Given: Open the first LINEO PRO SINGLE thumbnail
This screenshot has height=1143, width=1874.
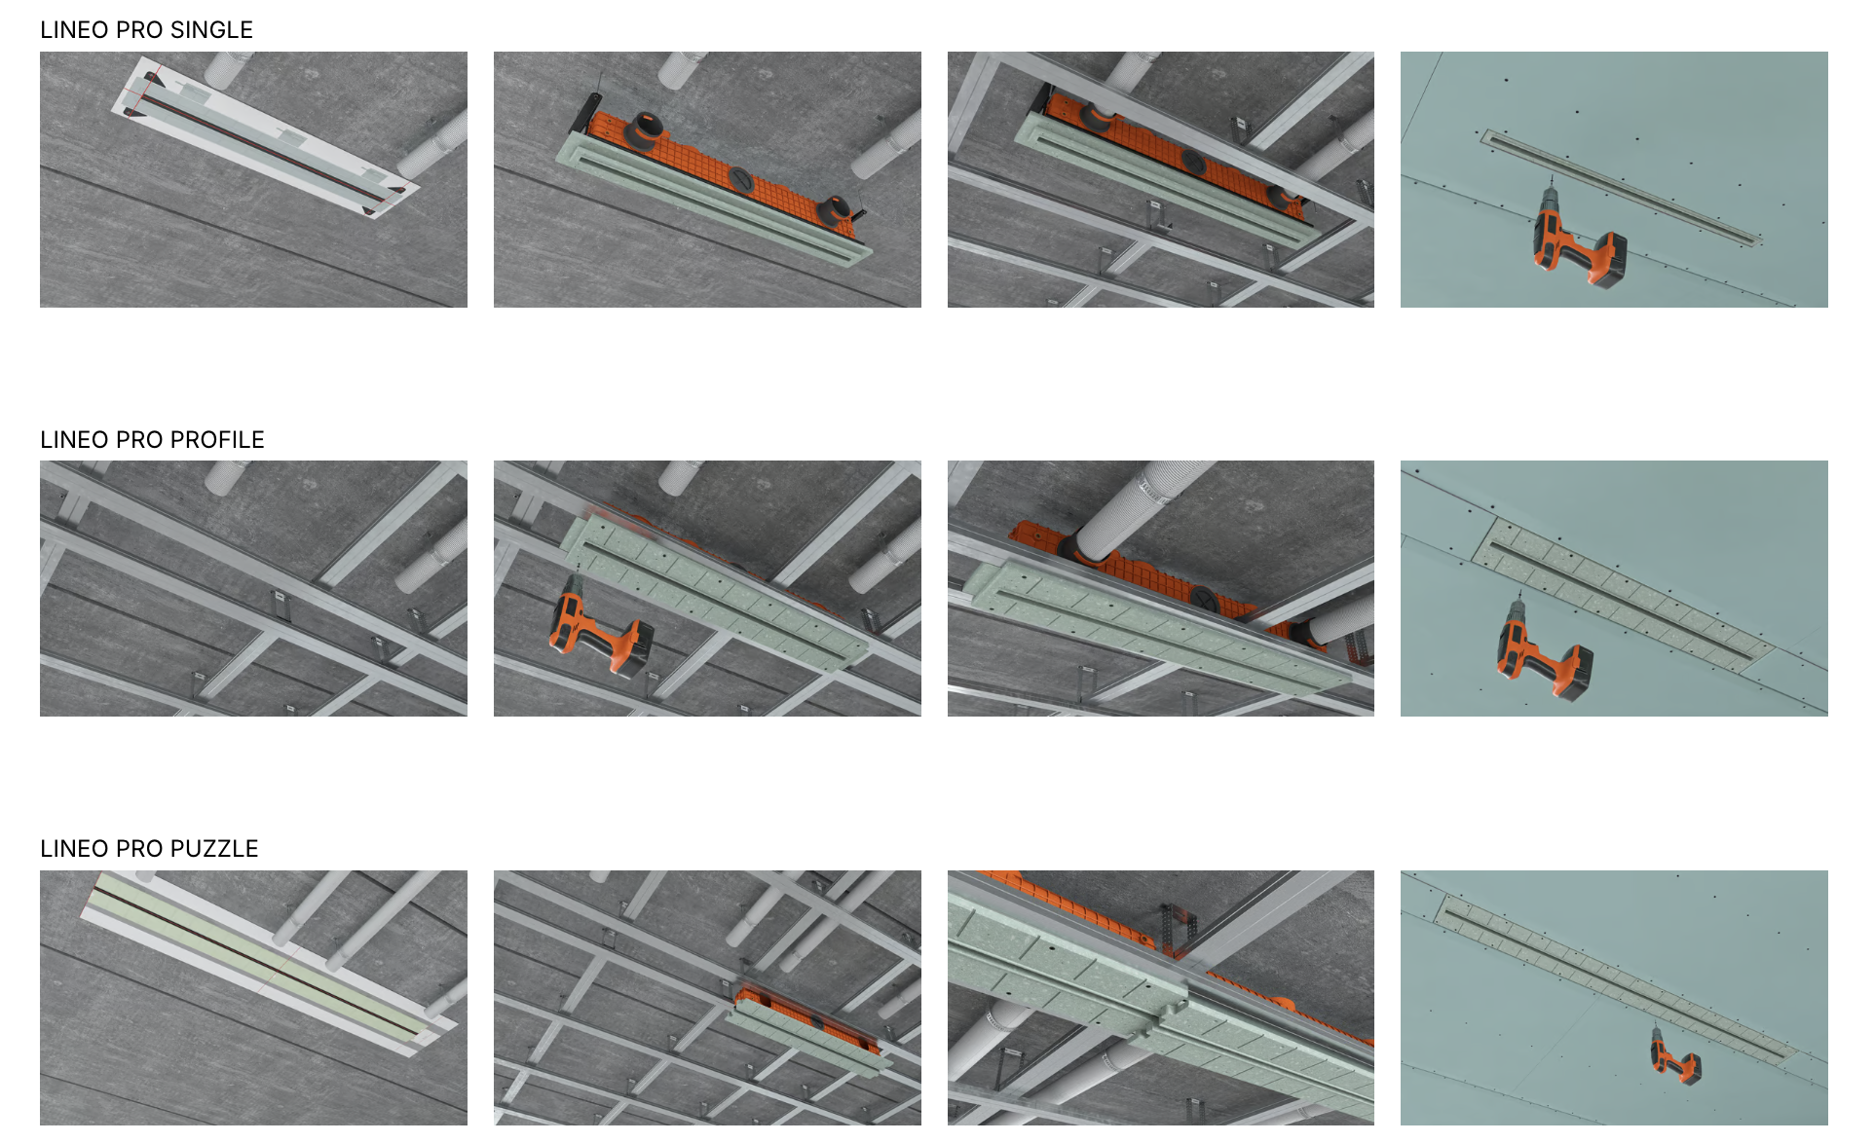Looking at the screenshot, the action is pyautogui.click(x=253, y=180).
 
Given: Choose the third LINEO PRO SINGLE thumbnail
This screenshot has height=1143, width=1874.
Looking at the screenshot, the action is pyautogui.click(x=1161, y=180).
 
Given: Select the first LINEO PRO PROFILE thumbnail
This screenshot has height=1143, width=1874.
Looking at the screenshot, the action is pyautogui.click(x=253, y=589).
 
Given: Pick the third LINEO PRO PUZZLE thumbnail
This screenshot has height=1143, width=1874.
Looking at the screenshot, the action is pyautogui.click(x=1161, y=998).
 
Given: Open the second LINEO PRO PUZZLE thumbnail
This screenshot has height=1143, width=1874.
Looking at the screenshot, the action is pyautogui.click(x=707, y=998).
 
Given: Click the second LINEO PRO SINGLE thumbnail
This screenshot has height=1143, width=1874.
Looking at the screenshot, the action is pyautogui.click(x=707, y=180).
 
